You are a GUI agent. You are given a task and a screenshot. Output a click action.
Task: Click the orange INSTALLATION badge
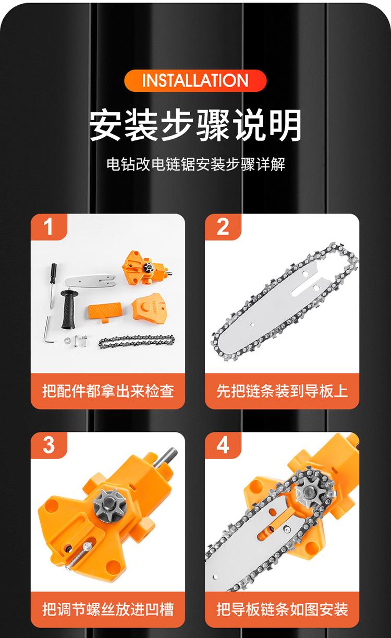(x=195, y=81)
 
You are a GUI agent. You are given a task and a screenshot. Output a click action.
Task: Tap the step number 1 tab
(x=48, y=227)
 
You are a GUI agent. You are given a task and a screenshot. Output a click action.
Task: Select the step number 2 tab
(x=223, y=227)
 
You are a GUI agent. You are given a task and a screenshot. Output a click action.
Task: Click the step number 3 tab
(x=48, y=446)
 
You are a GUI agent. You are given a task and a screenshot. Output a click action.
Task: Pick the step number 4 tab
(x=223, y=446)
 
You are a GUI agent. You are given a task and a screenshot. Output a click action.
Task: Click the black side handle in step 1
(x=68, y=309)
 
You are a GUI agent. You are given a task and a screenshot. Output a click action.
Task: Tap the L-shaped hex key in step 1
(x=47, y=330)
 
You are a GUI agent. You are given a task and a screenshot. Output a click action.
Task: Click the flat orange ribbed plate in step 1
(x=105, y=312)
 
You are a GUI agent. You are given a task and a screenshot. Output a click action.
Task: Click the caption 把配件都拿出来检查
(x=108, y=391)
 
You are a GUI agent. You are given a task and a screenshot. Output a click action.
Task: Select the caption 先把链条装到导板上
(x=282, y=391)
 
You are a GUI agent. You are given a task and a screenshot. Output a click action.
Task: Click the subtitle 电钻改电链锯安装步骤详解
(x=196, y=164)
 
